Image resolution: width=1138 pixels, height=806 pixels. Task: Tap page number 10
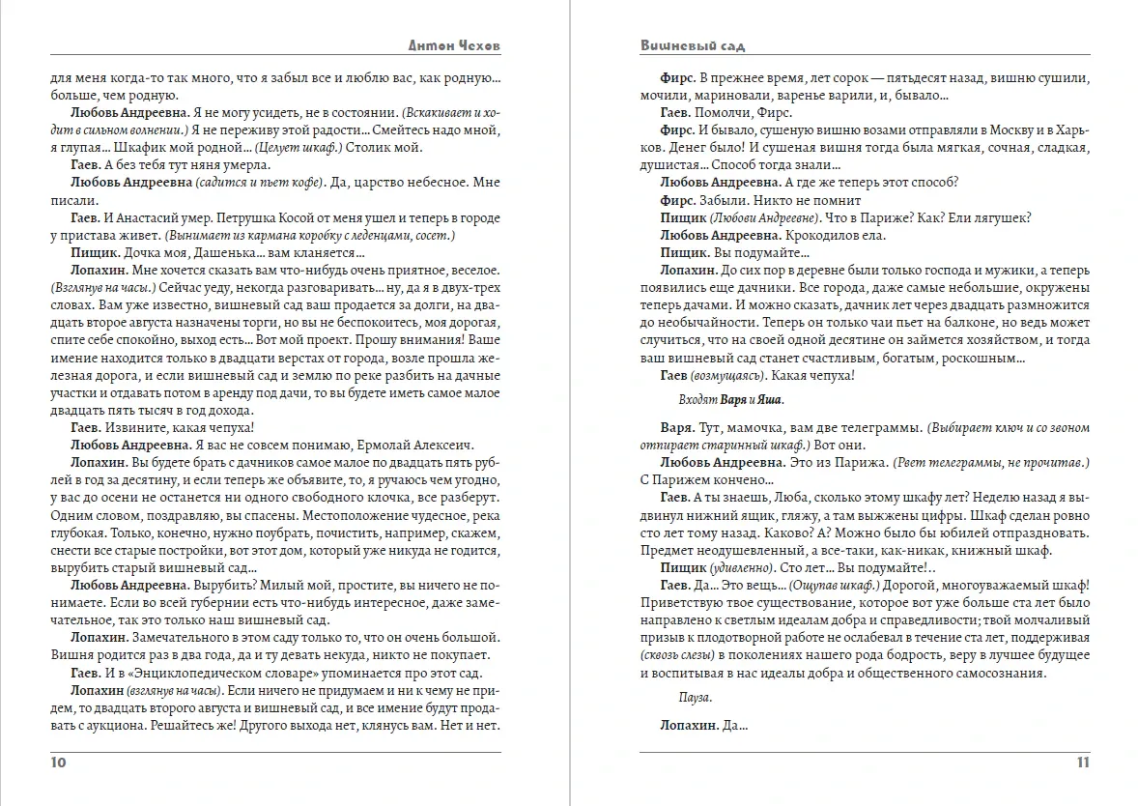[x=57, y=763]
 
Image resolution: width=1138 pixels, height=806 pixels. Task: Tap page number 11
[x=1083, y=763]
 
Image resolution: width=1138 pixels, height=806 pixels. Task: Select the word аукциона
[x=144, y=725]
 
